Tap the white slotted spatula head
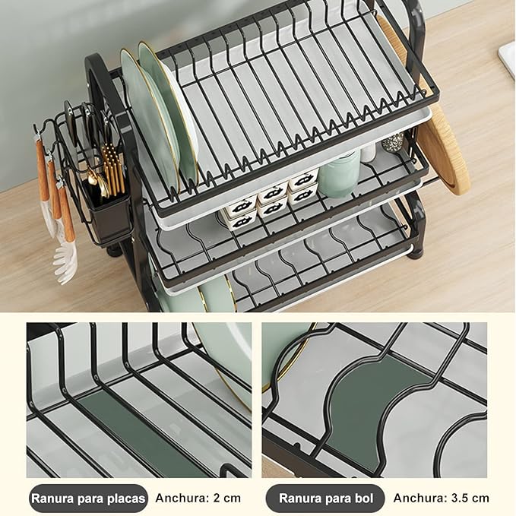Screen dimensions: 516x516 pyautogui.click(x=65, y=259)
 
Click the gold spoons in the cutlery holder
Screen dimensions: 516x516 pyautogui.click(x=97, y=183)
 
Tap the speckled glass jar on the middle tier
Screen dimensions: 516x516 pyautogui.click(x=393, y=142)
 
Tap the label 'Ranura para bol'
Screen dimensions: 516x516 pyautogui.click(x=324, y=499)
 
